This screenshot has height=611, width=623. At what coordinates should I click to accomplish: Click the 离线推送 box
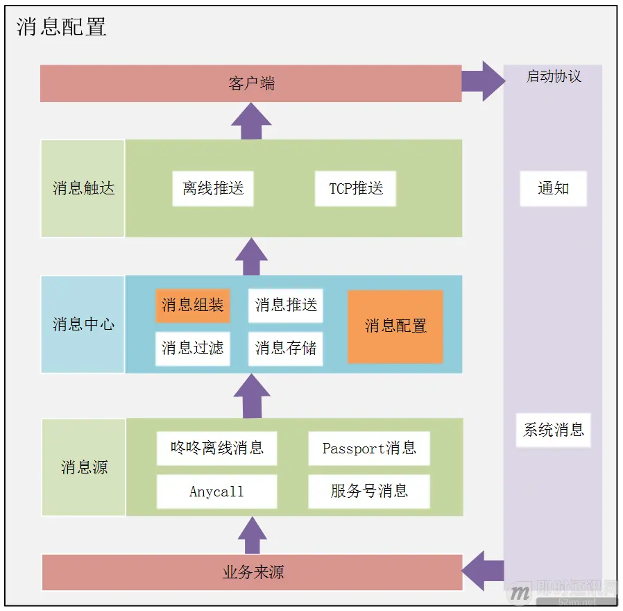pyautogui.click(x=213, y=189)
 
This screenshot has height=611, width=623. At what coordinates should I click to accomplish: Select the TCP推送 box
pyautogui.click(x=355, y=189)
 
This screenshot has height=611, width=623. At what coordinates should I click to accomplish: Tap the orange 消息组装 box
pyautogui.click(x=192, y=305)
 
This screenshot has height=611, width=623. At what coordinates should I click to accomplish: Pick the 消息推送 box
pyautogui.click(x=285, y=305)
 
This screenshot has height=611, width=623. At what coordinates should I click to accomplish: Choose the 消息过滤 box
pyautogui.click(x=192, y=348)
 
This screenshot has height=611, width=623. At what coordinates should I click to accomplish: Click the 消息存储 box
pyautogui.click(x=285, y=348)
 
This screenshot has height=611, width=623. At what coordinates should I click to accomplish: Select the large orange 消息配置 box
pyautogui.click(x=395, y=326)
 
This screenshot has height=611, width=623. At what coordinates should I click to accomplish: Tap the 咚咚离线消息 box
pyautogui.click(x=216, y=449)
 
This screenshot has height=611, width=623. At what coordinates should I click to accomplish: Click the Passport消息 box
pyautogui.click(x=369, y=449)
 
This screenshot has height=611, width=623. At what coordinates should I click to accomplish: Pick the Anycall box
pyautogui.click(x=216, y=492)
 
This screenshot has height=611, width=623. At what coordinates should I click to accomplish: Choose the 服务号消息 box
pyautogui.click(x=369, y=492)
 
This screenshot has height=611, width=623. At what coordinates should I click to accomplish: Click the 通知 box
pyautogui.click(x=553, y=189)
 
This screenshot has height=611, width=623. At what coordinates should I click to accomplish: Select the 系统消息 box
pyautogui.click(x=553, y=430)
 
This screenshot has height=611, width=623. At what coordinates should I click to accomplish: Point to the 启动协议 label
pyautogui.click(x=553, y=76)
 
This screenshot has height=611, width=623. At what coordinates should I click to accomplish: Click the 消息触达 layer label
pyautogui.click(x=83, y=188)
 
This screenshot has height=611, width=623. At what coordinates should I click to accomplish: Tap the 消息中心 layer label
pyautogui.click(x=83, y=324)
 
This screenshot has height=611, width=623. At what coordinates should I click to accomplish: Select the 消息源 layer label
pyautogui.click(x=83, y=467)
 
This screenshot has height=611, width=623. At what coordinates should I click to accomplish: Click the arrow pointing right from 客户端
pyautogui.click(x=484, y=81)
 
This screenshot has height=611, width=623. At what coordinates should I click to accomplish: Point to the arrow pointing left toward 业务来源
pyautogui.click(x=483, y=571)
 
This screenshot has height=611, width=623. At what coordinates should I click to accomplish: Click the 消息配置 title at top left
pyautogui.click(x=61, y=26)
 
